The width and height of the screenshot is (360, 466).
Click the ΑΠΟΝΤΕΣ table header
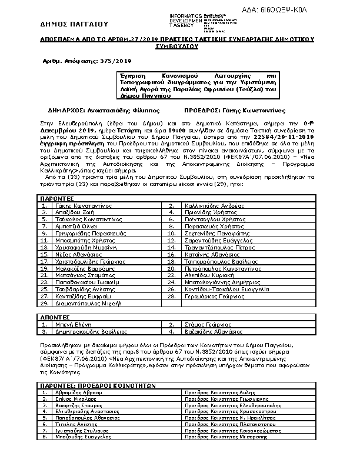[x=55, y=317]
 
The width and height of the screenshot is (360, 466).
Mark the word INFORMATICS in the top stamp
[x=186, y=14]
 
